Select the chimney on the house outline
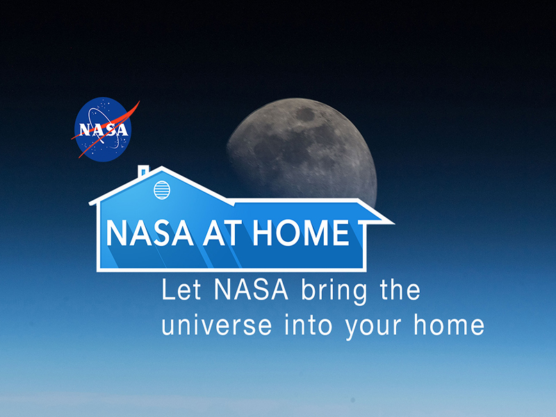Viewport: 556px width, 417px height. pyautogui.click(x=144, y=170)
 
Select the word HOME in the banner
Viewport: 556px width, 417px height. pyautogui.click(x=300, y=234)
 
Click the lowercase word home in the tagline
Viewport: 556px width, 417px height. pyautogui.click(x=450, y=325)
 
